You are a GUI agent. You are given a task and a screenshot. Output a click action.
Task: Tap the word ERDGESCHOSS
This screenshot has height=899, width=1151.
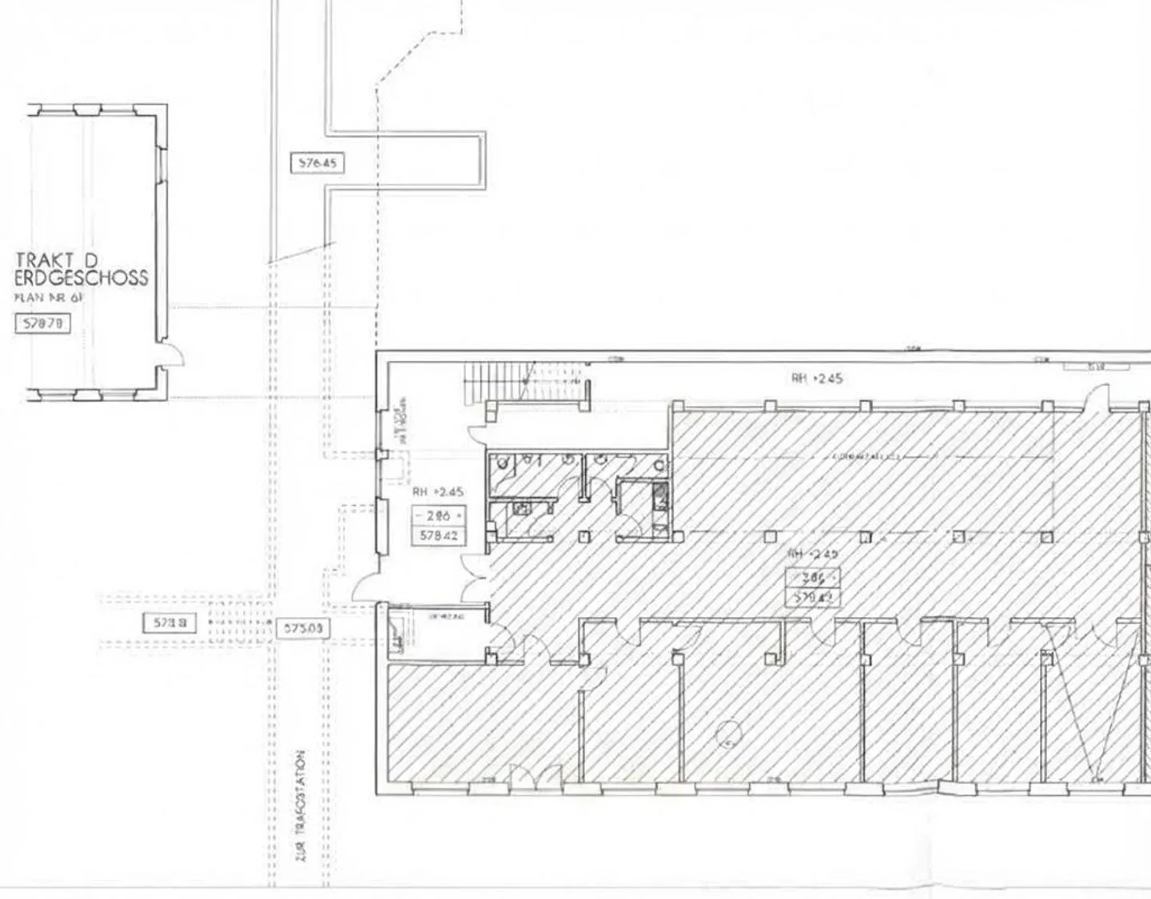pyautogui.click(x=82, y=278)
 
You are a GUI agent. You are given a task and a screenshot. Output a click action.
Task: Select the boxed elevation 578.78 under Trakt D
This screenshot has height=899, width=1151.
pyautogui.click(x=43, y=323)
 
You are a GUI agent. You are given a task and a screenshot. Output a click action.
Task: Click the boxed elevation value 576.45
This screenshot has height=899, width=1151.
pyautogui.click(x=317, y=163)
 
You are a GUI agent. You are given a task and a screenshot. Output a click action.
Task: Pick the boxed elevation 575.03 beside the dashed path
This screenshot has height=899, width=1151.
pyautogui.click(x=303, y=629)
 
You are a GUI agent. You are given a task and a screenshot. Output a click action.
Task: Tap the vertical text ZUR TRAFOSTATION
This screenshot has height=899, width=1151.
pyautogui.click(x=301, y=805)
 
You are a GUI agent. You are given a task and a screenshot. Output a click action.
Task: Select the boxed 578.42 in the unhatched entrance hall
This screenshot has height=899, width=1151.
pyautogui.click(x=438, y=535)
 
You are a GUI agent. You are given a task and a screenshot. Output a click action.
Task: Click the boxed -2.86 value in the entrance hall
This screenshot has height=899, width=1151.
pyautogui.click(x=438, y=515)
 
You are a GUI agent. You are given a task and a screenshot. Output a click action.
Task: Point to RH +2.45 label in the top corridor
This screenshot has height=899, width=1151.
pyautogui.click(x=817, y=378)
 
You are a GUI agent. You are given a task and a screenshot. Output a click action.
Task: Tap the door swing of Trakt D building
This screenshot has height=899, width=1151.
pyautogui.click(x=172, y=354)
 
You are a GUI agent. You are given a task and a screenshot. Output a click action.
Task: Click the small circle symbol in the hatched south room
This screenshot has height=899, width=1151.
pyautogui.click(x=727, y=731)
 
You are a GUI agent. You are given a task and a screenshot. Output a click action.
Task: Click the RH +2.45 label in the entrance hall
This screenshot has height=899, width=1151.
pyautogui.click(x=437, y=491)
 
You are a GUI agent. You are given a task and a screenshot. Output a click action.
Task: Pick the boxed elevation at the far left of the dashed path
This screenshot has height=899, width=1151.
pyautogui.click(x=169, y=623)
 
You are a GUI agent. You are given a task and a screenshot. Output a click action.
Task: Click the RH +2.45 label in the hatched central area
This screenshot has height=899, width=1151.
pyautogui.click(x=813, y=554)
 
